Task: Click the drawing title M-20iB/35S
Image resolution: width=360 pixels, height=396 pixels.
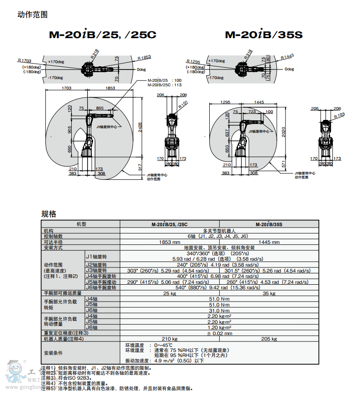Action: [x=263, y=35]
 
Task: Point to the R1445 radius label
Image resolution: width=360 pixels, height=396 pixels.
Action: [x=287, y=56]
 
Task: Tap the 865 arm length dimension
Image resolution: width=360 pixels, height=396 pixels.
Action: [x=99, y=108]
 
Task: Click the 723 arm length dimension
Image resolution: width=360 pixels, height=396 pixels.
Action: [x=252, y=111]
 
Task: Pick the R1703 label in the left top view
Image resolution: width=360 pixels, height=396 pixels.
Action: [x=25, y=60]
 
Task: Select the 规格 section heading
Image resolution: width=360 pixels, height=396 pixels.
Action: [x=49, y=214]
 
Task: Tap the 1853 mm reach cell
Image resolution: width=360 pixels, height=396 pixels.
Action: [x=170, y=242]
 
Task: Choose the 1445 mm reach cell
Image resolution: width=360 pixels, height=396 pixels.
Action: [x=269, y=242]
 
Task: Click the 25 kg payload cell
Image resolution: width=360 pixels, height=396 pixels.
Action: [x=170, y=293]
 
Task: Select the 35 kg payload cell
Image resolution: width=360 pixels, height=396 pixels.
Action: [x=269, y=293]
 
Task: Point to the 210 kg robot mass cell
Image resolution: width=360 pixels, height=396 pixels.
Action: [x=170, y=339]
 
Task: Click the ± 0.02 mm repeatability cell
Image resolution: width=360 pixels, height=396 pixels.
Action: [x=219, y=333]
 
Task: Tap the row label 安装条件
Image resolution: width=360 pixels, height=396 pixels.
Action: [x=53, y=353]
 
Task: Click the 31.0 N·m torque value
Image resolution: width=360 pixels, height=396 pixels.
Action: [x=219, y=310]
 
